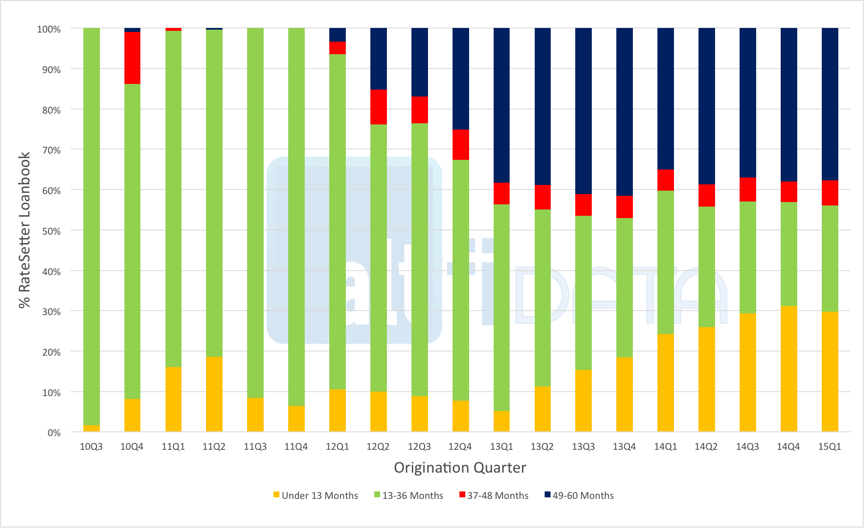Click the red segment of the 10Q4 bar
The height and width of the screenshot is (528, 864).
coord(132,58)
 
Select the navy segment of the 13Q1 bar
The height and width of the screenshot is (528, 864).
coord(502,105)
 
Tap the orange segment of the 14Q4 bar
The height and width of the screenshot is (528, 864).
coord(789,369)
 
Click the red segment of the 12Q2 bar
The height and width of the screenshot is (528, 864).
coord(378,107)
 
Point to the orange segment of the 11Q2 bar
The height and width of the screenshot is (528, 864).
coord(214,394)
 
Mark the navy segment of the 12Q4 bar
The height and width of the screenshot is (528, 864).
coord(461,79)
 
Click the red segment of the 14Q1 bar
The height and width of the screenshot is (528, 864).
coord(665,180)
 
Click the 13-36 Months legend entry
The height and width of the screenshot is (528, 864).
coord(409,495)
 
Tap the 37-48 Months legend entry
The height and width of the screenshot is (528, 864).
coord(494,495)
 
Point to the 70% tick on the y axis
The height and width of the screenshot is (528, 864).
coord(51,150)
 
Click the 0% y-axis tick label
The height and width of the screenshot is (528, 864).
coord(54,433)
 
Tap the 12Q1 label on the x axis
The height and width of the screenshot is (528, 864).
coord(337,446)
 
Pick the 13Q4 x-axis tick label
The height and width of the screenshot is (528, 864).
coord(624,446)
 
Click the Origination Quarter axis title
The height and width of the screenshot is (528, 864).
coord(460,467)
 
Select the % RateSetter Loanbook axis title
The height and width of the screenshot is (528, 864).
coord(24,230)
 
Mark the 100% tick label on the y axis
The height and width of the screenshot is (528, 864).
coord(49,29)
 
